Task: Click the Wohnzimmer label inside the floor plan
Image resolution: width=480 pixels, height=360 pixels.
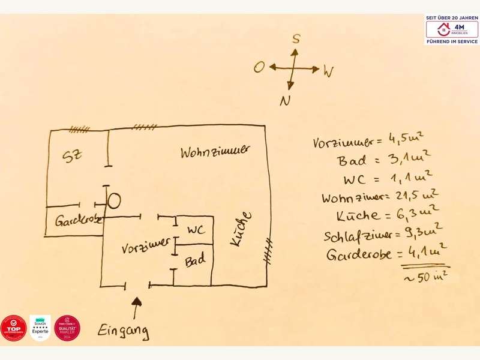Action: pyautogui.click(x=214, y=152)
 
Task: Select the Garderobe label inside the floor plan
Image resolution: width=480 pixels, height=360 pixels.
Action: pyautogui.click(x=78, y=220)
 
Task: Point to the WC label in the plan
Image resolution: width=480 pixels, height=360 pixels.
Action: pyautogui.click(x=196, y=230)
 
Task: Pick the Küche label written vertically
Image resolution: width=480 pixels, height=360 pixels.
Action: pyautogui.click(x=239, y=229)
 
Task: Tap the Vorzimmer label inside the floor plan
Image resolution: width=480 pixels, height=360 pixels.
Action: pyautogui.click(x=144, y=247)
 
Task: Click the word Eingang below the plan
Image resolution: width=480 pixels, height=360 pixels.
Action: pyautogui.click(x=124, y=330)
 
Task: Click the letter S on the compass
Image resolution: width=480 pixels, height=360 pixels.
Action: pyautogui.click(x=295, y=39)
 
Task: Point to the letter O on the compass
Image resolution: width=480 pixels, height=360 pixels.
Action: pyautogui.click(x=259, y=67)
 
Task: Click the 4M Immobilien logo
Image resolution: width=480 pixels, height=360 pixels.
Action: pyautogui.click(x=452, y=29)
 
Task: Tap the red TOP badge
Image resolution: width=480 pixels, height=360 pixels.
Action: pyautogui.click(x=13, y=328)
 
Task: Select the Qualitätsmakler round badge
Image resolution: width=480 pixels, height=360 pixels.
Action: pyautogui.click(x=67, y=328)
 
